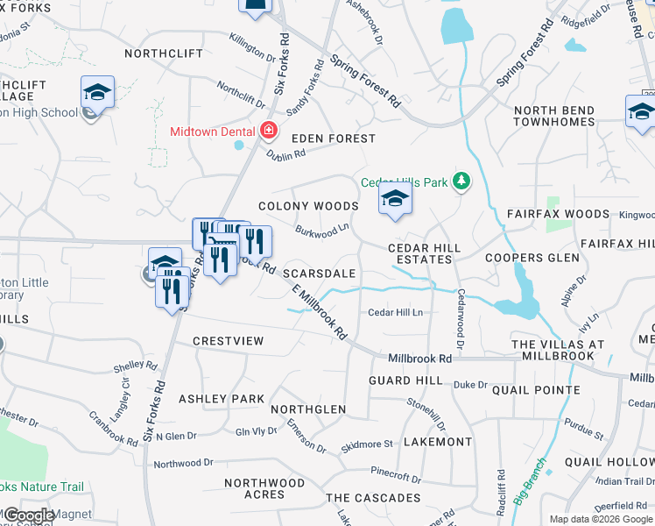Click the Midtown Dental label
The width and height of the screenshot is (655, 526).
213,131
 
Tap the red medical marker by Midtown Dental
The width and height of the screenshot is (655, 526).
269,131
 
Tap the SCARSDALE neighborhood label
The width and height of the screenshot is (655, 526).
319,274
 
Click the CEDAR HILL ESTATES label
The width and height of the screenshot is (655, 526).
425,254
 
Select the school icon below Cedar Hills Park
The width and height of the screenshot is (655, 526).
395,201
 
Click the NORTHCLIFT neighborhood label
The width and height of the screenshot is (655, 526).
164,53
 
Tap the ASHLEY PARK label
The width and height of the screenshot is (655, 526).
222,399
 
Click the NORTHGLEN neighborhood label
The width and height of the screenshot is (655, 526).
307,409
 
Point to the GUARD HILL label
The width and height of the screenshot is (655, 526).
405,380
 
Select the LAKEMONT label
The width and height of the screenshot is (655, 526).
437,442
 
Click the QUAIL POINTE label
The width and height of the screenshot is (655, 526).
536,390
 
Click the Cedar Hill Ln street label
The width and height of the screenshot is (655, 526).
395,312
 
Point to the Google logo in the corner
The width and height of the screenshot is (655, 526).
29,515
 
